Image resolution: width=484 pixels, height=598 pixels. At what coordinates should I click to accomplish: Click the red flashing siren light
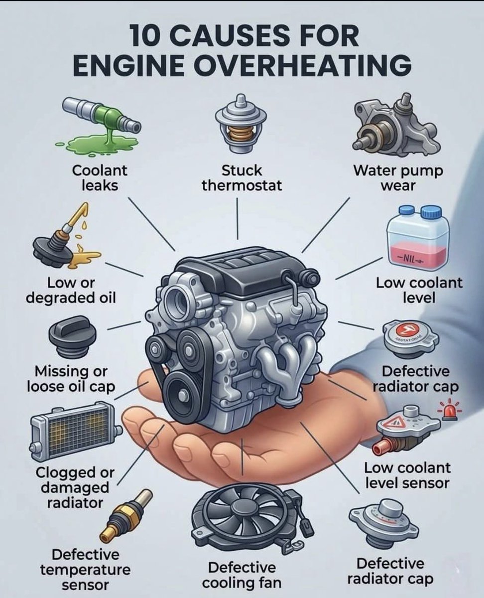(x=447, y=412)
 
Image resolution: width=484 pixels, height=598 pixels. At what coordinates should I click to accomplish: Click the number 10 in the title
(x=145, y=36)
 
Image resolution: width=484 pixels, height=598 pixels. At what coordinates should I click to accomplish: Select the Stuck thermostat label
(x=242, y=178)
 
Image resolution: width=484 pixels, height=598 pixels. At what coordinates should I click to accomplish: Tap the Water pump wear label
(x=398, y=178)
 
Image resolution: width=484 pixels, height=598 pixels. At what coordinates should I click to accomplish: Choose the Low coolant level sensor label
(x=407, y=475)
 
